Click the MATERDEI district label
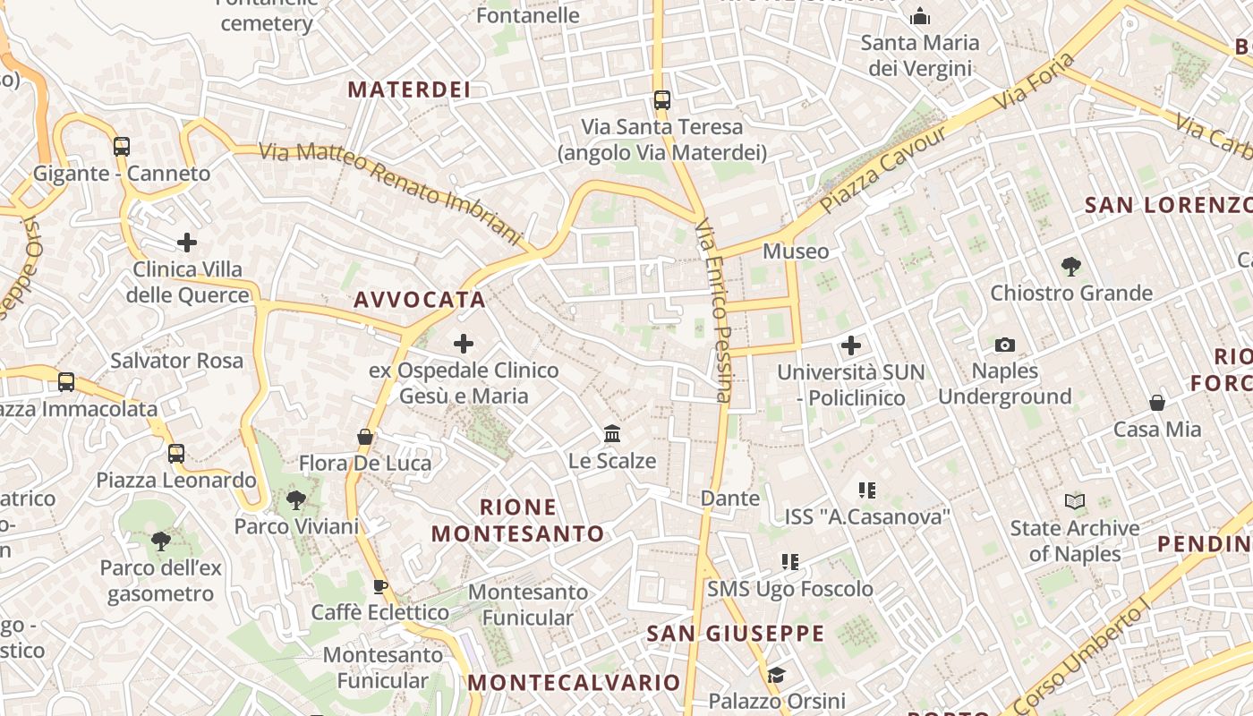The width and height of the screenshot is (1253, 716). click(x=409, y=89)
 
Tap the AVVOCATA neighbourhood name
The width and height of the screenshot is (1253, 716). click(x=420, y=300)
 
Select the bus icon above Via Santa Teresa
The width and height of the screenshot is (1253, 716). click(x=662, y=99)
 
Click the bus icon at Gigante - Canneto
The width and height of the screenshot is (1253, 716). click(x=122, y=146)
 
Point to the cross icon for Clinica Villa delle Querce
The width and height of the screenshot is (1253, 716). click(x=187, y=242)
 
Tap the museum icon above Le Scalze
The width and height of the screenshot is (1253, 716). click(x=612, y=434)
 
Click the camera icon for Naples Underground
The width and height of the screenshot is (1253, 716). click(x=1005, y=345)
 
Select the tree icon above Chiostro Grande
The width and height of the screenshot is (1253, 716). click(x=1070, y=266)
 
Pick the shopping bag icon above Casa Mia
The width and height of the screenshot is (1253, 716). click(x=1157, y=403)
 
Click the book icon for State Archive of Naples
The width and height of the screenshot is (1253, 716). click(x=1075, y=501)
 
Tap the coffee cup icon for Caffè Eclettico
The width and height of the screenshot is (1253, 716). click(x=379, y=586)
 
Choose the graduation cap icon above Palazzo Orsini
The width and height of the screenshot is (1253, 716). click(x=776, y=674)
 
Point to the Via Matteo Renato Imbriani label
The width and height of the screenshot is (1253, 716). click(x=390, y=192)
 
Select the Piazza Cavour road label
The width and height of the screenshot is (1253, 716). click(x=883, y=170)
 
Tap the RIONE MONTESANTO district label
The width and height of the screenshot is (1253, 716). click(x=518, y=521)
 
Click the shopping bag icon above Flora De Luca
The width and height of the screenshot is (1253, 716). click(x=365, y=437)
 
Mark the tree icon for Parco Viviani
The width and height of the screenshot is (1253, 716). click(x=296, y=499)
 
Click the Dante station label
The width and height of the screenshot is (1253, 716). click(x=730, y=498)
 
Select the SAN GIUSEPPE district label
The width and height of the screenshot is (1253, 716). click(x=736, y=634)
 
